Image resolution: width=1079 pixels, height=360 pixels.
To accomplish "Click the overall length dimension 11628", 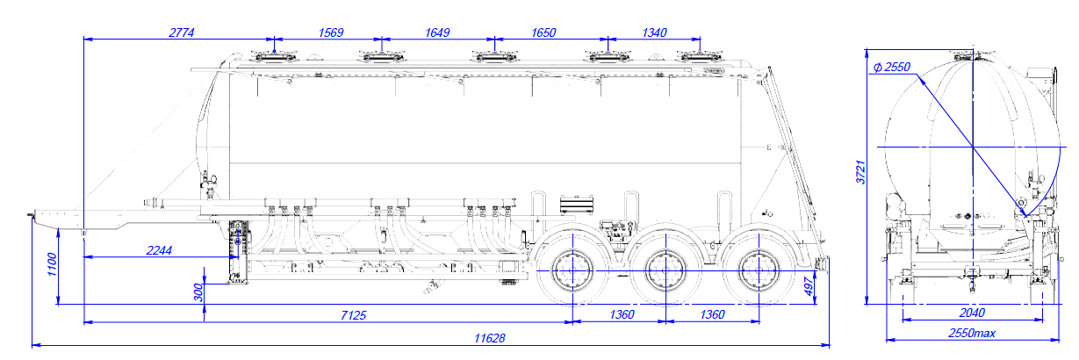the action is pos(489,338).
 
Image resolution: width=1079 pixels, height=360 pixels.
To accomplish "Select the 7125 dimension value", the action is pos(353,316).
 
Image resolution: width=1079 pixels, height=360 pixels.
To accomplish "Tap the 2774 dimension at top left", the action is pos(182,32).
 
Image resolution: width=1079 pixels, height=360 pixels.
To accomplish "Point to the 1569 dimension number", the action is pos(331,32).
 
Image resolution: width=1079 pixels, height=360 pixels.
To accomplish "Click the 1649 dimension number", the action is pos(437,32).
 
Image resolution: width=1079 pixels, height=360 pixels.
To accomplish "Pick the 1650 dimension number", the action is pos(543,32).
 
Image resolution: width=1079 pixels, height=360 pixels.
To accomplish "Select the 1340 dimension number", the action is pos(654,32).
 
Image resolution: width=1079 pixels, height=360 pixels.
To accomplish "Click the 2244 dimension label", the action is pos(159,250).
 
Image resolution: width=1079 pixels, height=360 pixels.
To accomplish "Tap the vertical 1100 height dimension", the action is pos(52,264).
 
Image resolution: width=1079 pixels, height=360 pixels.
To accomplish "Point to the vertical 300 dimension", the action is pos(198,292).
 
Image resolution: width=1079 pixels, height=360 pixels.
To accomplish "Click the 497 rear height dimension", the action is pos(809,287).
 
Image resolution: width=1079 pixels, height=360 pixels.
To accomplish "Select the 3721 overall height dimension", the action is pos(860,172).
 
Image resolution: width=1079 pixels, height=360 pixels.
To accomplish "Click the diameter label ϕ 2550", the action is pos(892,67).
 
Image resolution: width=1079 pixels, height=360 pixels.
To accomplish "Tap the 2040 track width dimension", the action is pos(972,313).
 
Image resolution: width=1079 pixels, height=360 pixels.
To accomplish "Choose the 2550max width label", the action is pos(972,334).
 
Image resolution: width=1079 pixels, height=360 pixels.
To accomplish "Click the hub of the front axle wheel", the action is pos(572,271).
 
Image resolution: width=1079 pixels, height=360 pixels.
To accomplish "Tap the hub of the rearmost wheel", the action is pos(759,271).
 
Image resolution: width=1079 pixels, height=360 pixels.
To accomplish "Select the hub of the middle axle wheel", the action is pos(665,271).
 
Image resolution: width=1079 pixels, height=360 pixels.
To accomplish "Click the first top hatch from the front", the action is pos(274,57).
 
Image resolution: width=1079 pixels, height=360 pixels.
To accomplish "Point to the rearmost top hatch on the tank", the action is pos(700,57).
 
